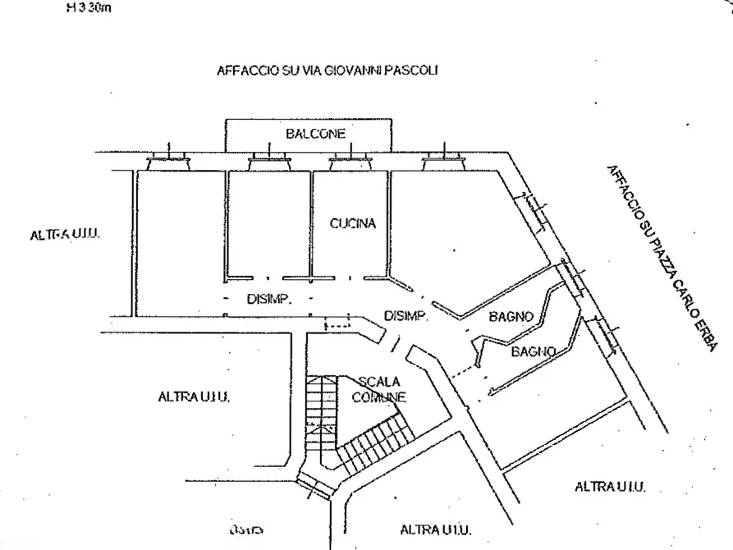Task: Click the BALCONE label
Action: click(x=315, y=134)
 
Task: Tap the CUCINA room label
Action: click(x=353, y=223)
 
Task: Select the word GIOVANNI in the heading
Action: click(x=349, y=71)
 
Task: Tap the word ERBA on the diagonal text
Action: click(x=703, y=330)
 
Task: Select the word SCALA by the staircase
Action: click(x=379, y=382)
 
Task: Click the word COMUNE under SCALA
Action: click(x=378, y=397)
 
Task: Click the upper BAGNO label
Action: click(x=511, y=316)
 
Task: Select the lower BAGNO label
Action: click(x=534, y=351)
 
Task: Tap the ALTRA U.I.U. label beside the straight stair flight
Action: click(x=193, y=397)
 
